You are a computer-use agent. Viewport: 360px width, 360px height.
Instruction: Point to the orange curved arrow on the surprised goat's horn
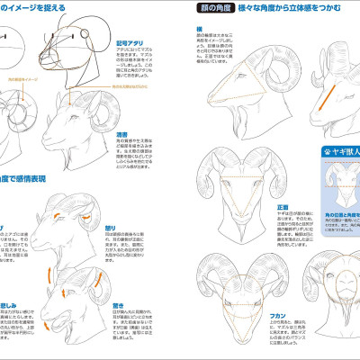(64, 290)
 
